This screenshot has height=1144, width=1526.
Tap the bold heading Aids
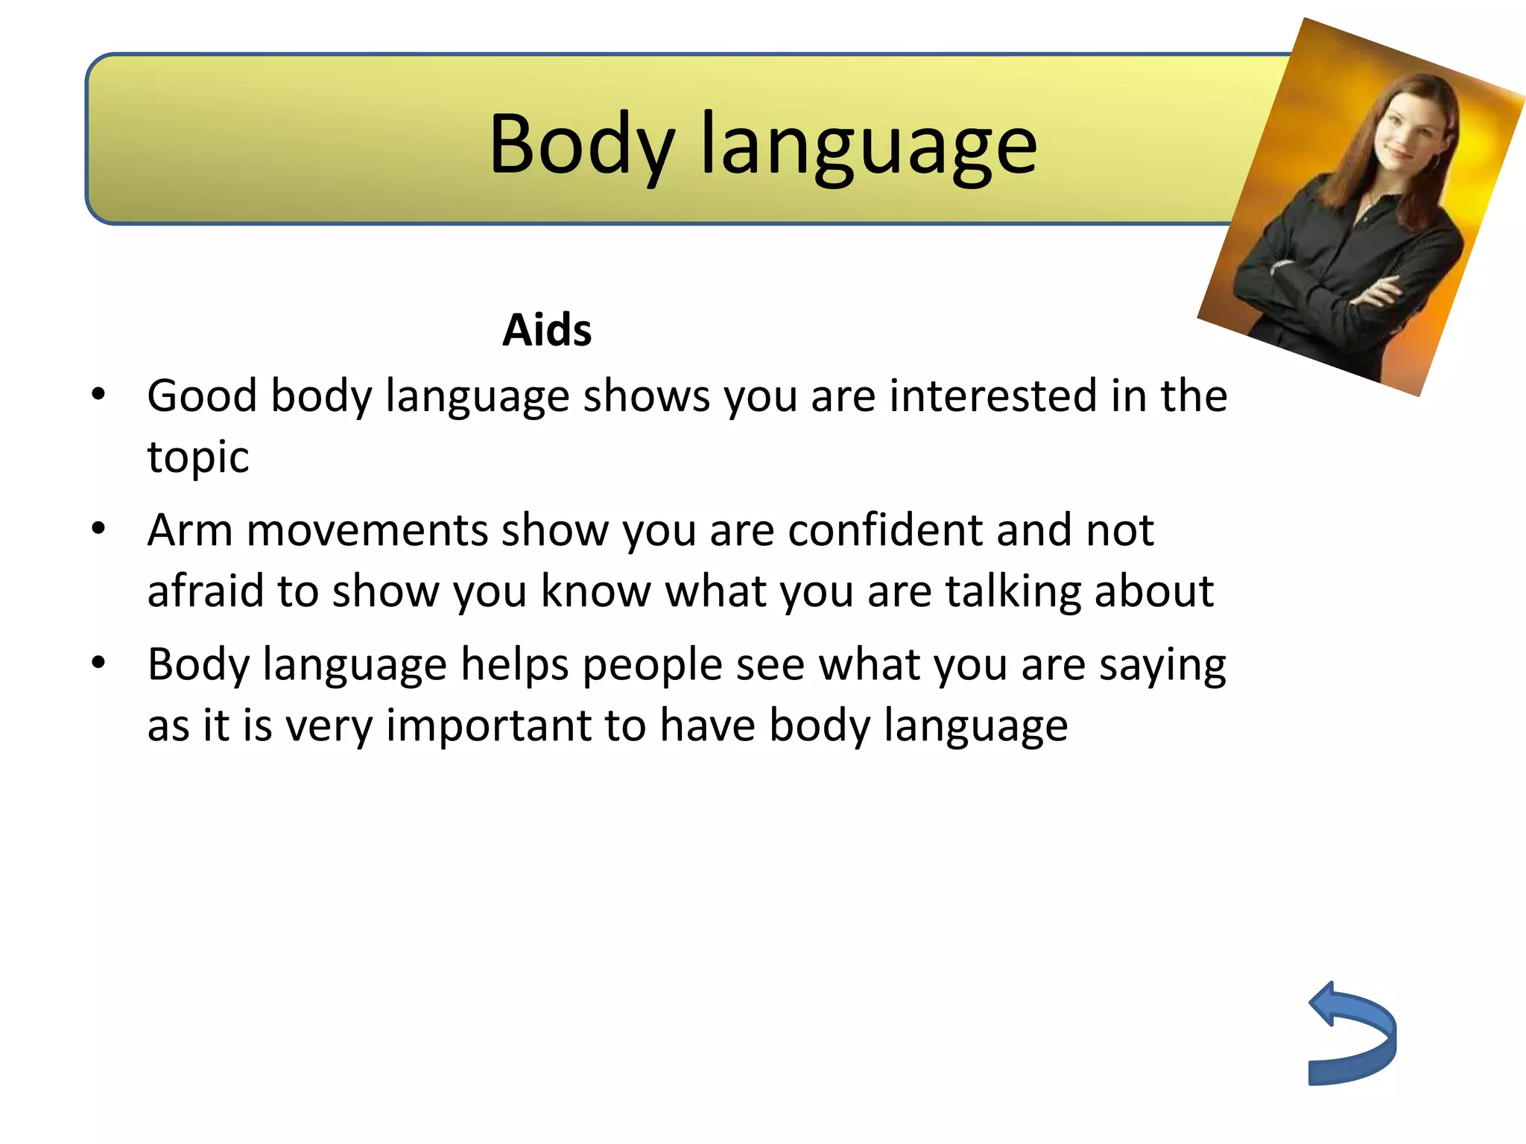(x=547, y=330)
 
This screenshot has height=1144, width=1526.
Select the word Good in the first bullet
(x=202, y=395)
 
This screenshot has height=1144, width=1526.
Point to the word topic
(x=197, y=457)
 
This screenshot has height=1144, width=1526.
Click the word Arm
(x=189, y=530)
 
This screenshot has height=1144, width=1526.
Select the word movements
(x=367, y=530)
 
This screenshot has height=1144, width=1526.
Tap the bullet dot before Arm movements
(x=98, y=530)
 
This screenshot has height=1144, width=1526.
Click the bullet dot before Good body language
(x=98, y=395)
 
